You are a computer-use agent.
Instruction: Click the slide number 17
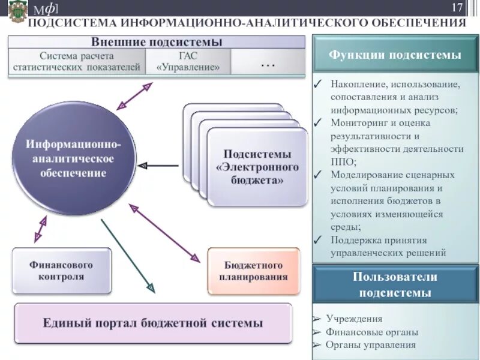pos(457,8)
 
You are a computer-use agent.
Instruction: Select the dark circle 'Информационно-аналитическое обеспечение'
pos(73,158)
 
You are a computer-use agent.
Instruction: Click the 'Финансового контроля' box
pos(61,271)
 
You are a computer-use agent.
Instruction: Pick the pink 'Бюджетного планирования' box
pos(253,271)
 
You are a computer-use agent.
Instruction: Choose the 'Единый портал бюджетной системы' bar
pos(153,323)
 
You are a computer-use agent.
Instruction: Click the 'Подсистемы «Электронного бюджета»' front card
pos(257,167)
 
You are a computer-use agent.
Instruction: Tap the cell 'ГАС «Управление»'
pos(188,61)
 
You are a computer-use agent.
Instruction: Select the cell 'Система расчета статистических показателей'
pos(77,61)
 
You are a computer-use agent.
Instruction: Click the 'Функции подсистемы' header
pos(395,55)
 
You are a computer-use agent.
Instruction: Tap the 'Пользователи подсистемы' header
pos(395,285)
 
